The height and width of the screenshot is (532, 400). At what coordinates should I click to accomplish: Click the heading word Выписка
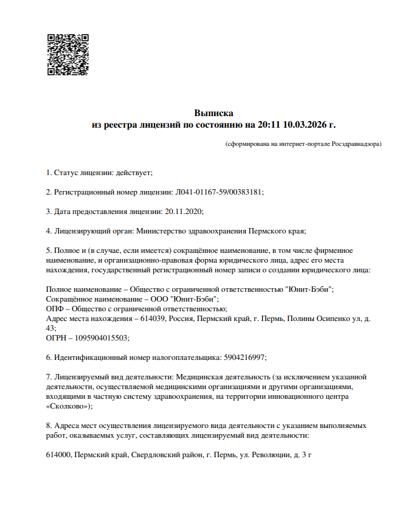tap(213, 113)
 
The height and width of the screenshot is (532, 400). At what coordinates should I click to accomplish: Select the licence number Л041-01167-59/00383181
tap(219, 192)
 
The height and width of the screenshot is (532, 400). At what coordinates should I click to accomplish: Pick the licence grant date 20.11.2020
tap(182, 212)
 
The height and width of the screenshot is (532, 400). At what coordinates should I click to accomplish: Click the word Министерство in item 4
tap(157, 231)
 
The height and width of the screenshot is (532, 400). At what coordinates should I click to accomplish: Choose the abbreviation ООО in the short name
tap(159, 299)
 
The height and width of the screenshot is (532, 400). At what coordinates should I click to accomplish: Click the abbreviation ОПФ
tap(55, 309)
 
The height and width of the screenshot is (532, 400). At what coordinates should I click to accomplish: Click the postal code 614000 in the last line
tap(58, 455)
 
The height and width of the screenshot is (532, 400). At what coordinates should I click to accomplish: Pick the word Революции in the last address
tap(266, 455)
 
